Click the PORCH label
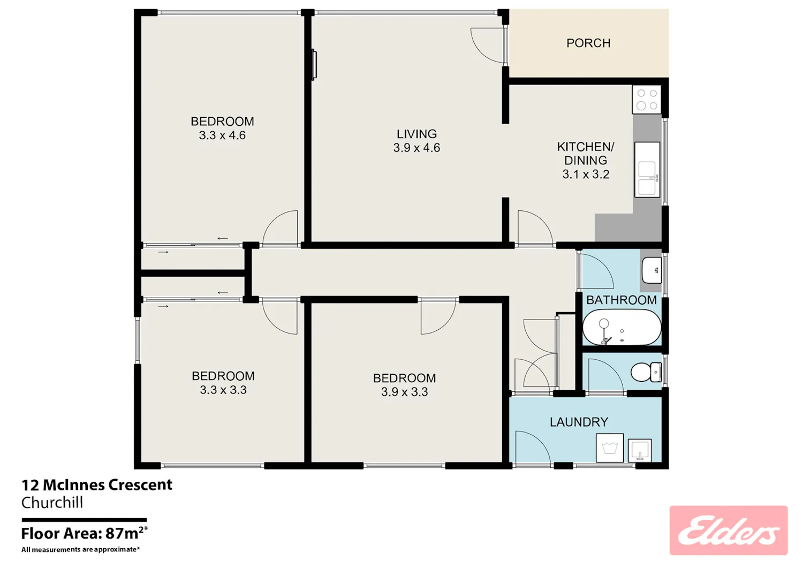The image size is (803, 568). (x=588, y=43)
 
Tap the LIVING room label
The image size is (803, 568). (x=416, y=134)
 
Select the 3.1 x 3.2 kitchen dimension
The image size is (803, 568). (x=586, y=175)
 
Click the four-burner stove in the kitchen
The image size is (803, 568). (x=647, y=100)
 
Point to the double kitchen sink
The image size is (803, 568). (x=647, y=170)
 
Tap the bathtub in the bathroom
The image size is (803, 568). (x=622, y=327)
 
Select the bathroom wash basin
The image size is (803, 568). (x=652, y=270)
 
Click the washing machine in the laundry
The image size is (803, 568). (x=609, y=448)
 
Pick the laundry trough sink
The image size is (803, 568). (x=640, y=451)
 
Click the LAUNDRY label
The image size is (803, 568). (x=579, y=422)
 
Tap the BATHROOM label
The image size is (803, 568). (x=621, y=300)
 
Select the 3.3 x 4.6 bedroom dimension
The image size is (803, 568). (x=222, y=135)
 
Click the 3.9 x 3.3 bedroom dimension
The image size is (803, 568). (x=404, y=391)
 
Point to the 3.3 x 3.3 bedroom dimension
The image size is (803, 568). (x=223, y=389)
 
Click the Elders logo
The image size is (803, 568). (x=729, y=531)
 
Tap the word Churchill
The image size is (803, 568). (x=52, y=502)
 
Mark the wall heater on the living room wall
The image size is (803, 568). (x=314, y=65)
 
